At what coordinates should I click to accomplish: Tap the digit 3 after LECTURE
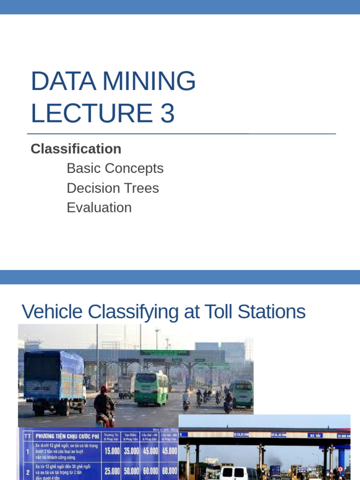pyautogui.click(x=167, y=113)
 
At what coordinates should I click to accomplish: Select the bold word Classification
pyautogui.click(x=76, y=149)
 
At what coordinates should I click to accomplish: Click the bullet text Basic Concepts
pyautogui.click(x=115, y=168)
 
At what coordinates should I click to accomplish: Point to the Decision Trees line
pyautogui.click(x=112, y=188)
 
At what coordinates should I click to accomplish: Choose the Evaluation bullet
pyautogui.click(x=99, y=208)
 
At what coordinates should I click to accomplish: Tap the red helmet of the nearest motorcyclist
pyautogui.click(x=104, y=389)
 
